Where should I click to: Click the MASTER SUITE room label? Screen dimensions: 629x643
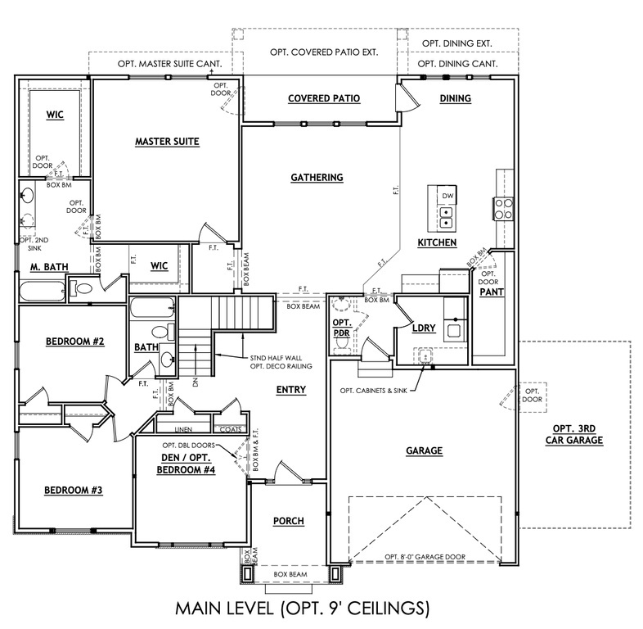coord(167,142)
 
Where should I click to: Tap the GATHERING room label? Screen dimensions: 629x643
coord(317,177)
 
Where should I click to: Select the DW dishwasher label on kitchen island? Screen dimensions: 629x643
coord(447,197)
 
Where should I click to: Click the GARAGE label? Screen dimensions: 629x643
coord(423,450)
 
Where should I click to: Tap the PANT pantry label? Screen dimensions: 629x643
coord(490,291)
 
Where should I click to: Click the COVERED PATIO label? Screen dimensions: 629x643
coord(324,98)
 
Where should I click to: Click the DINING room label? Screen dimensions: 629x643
coord(456,98)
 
